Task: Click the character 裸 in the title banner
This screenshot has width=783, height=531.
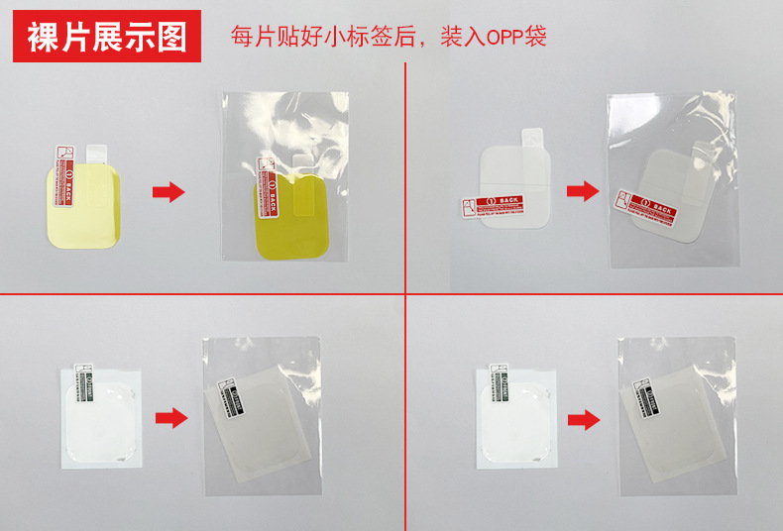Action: coord(42,37)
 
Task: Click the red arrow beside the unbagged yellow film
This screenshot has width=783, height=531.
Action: coord(169,192)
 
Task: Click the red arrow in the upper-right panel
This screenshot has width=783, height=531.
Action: coord(583,191)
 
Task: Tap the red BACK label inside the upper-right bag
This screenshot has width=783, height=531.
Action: coord(645,207)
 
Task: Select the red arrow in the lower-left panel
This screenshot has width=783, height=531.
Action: coord(172,418)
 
